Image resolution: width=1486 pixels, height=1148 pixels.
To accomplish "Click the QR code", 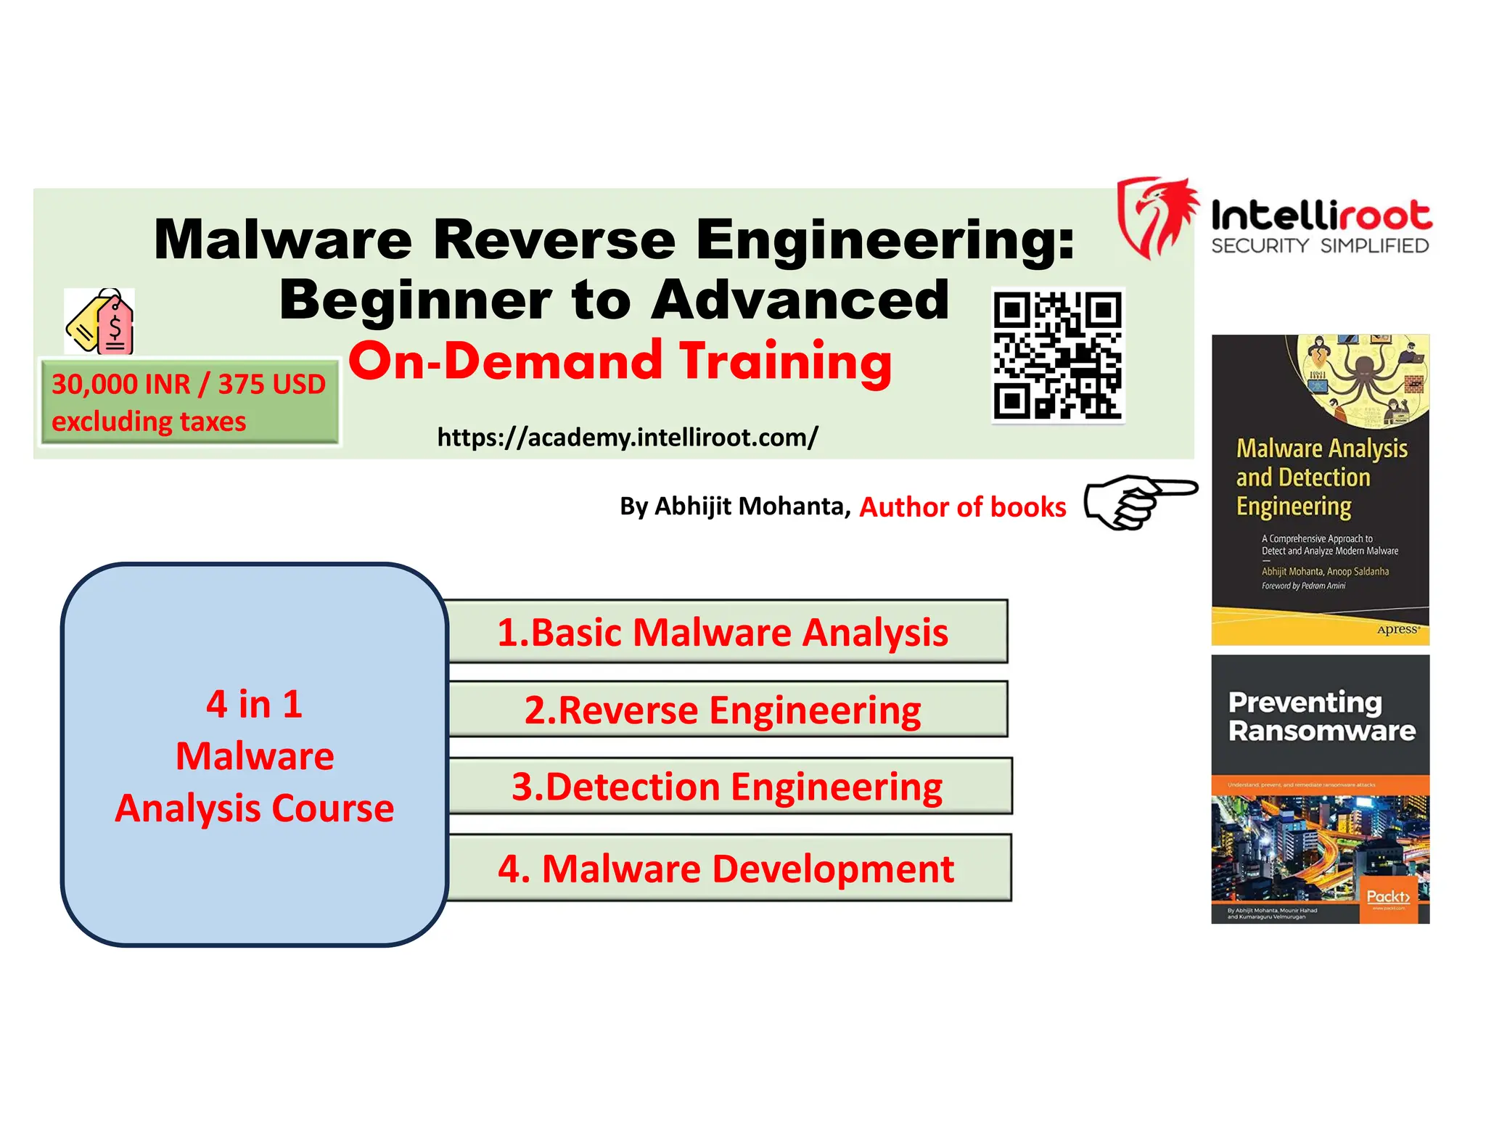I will (x=1058, y=356).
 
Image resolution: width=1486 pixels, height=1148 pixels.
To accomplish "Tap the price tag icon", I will (x=100, y=321).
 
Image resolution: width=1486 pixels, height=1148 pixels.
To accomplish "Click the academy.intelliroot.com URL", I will (x=627, y=438).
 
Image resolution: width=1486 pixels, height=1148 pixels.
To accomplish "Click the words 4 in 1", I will (x=254, y=704).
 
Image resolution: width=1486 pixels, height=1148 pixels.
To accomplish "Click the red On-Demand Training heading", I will (x=620, y=361).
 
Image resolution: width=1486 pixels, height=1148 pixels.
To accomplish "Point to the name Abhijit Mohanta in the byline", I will (x=752, y=506).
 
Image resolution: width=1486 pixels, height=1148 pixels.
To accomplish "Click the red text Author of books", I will (x=962, y=507).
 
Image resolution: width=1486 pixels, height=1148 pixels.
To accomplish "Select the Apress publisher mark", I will (x=1397, y=629).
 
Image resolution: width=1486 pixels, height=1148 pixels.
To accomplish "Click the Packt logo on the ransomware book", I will (x=1387, y=898).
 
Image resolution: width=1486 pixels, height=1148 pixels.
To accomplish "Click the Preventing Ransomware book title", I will (x=1321, y=716).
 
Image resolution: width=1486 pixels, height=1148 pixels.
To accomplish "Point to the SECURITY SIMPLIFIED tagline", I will (x=1319, y=246).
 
